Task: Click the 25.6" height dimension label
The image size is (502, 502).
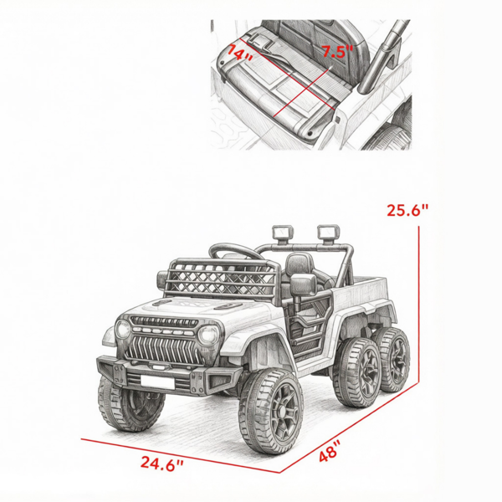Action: [x=407, y=210]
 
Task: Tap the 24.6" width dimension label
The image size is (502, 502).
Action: [x=162, y=464]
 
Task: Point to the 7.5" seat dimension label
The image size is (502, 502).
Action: [x=337, y=52]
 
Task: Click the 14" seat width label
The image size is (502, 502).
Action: [x=240, y=54]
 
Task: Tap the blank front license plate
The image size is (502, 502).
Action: [x=157, y=382]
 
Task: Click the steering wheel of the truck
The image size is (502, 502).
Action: [x=236, y=249]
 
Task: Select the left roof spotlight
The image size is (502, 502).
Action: [x=283, y=233]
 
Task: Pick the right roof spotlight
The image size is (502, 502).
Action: [x=328, y=232]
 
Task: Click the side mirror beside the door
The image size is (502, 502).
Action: [x=303, y=286]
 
